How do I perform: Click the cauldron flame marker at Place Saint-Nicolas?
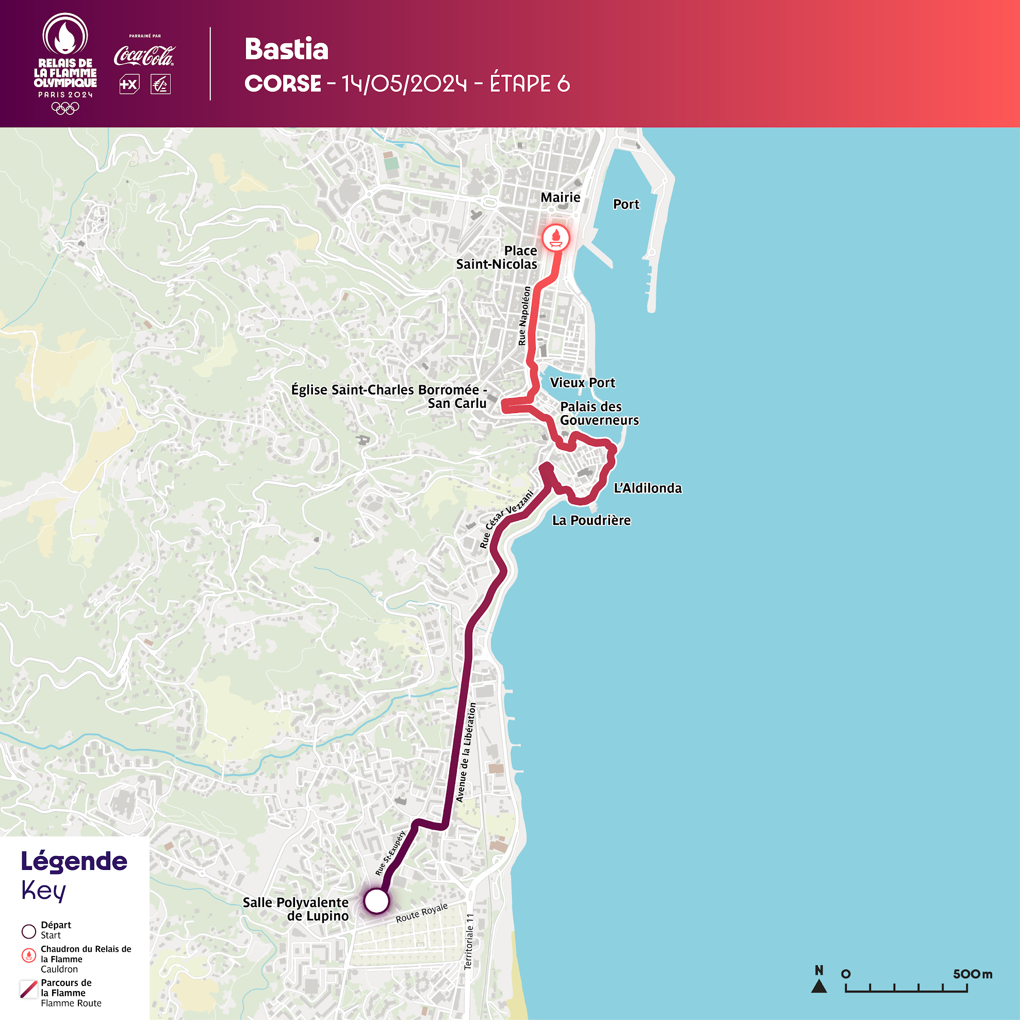555,238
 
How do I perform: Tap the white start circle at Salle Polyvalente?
376,901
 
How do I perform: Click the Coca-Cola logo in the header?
144,56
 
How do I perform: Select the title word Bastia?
287,50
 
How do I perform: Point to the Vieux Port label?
582,383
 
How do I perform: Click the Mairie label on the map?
560,198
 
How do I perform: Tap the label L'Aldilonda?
647,488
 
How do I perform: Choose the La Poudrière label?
591,520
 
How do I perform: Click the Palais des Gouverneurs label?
599,414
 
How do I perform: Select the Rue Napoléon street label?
524,316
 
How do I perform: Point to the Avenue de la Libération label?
466,752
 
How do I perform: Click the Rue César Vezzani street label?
506,519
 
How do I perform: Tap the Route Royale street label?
421,913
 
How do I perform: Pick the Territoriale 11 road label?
469,941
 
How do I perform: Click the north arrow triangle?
819,985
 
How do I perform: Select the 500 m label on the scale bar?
973,974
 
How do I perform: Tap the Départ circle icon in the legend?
29,931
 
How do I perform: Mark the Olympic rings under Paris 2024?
65,108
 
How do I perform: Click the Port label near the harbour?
626,204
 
